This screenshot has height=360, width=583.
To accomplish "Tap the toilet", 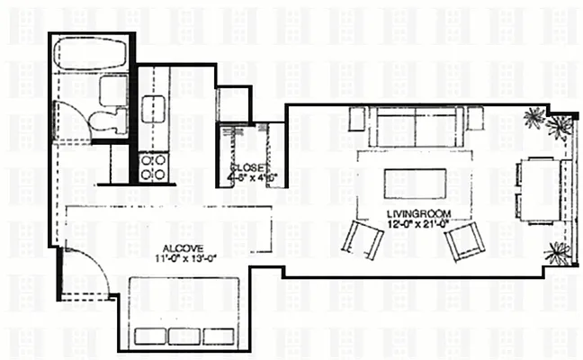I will [108, 120].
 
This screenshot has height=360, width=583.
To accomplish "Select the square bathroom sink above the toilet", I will [112, 89].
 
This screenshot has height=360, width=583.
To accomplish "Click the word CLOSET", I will [247, 168].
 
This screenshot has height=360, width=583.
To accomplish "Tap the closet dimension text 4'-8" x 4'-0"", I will [254, 178].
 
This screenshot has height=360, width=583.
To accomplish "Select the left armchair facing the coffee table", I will [362, 239].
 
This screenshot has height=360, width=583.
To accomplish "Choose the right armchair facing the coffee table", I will [465, 240].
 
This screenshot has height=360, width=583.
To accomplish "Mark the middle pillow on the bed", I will [184, 336].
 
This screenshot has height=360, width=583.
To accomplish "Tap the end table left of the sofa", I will [357, 117].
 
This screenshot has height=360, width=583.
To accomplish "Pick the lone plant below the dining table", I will [558, 253].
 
